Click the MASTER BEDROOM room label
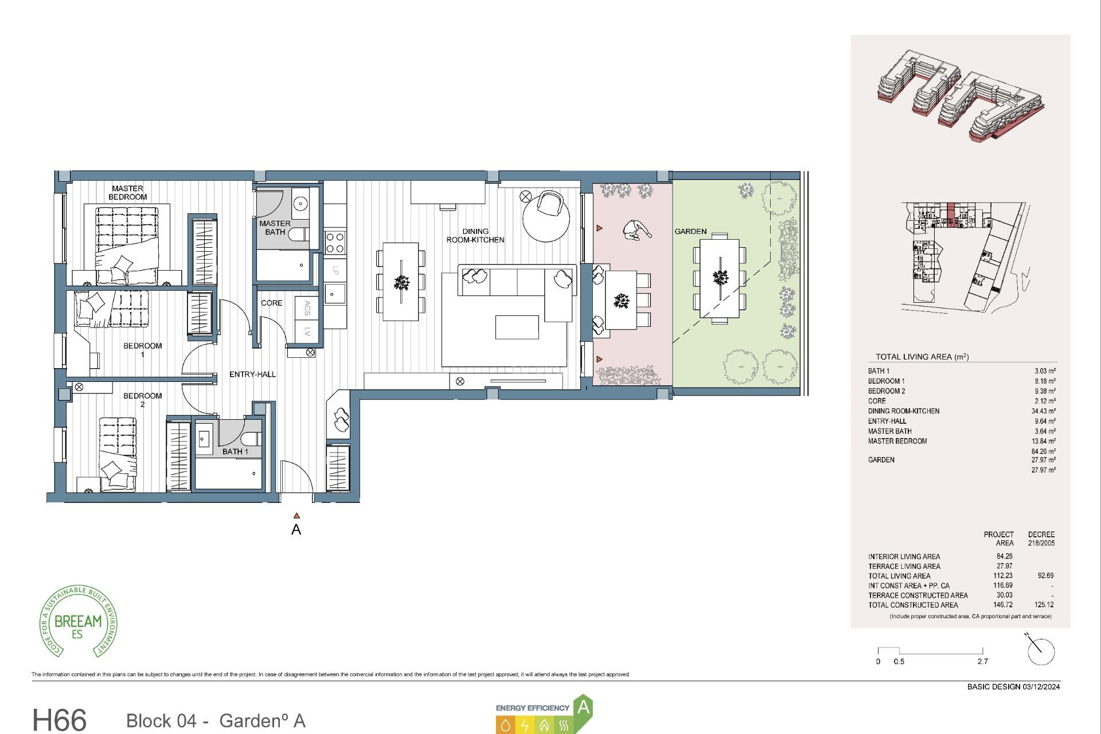[x=127, y=193]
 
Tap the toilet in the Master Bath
[x=298, y=235]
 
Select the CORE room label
[x=271, y=303]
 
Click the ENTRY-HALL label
[x=252, y=374]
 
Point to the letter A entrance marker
[x=296, y=529]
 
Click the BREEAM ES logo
[x=78, y=622]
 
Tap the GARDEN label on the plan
[x=690, y=232]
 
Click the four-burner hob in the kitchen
[x=335, y=242]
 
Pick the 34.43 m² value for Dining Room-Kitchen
[x=1043, y=411]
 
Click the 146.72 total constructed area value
[x=1004, y=605]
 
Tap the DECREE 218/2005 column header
[x=1041, y=538]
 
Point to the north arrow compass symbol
[x=1040, y=651]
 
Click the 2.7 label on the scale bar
[x=982, y=662]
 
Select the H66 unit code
[x=60, y=720]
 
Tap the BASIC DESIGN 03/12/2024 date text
[x=1013, y=687]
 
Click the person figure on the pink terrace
[x=636, y=231]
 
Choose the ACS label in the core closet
[x=307, y=308]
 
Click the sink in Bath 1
[x=204, y=440]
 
